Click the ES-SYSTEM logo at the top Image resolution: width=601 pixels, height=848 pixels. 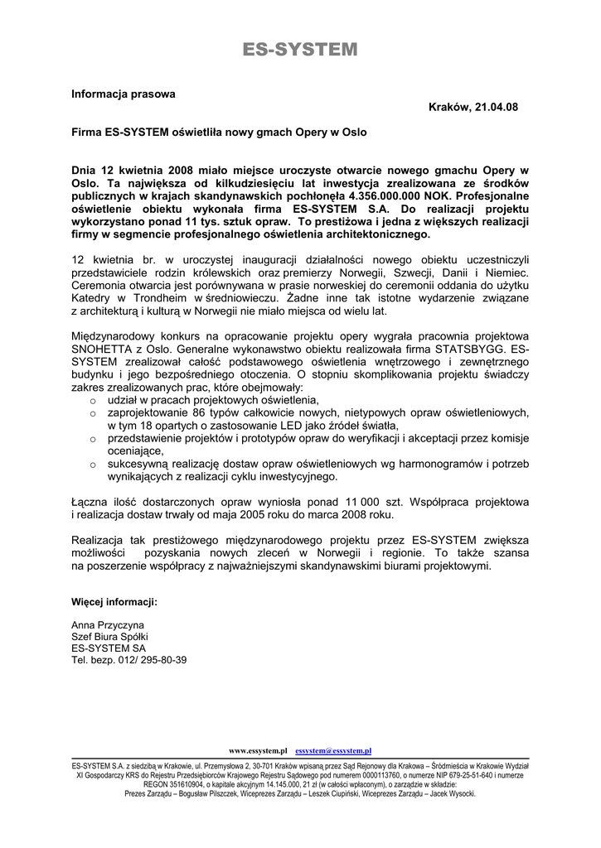(300, 51)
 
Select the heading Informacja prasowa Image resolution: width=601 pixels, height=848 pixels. (123, 94)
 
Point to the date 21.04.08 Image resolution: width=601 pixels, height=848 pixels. (497, 107)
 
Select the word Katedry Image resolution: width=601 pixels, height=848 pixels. (90, 298)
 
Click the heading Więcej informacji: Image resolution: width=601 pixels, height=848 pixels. (114, 602)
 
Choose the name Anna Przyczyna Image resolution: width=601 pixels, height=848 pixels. (108, 624)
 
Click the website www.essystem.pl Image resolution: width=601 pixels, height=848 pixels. (257, 750)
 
